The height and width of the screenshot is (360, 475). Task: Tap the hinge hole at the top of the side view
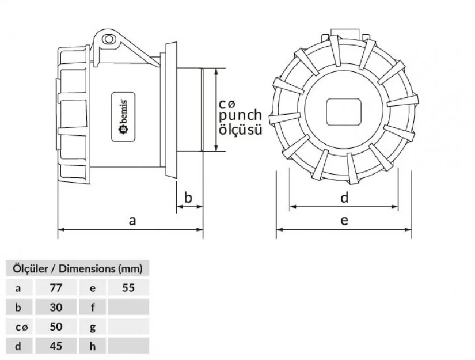point(108,39)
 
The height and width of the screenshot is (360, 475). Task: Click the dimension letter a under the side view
point(132,220)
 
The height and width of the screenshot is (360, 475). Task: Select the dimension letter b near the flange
point(188,198)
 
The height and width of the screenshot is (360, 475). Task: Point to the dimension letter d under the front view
point(344,198)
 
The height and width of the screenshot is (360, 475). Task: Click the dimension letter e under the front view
point(344,220)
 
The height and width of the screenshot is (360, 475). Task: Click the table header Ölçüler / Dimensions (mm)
point(77,268)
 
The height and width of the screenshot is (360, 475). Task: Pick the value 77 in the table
point(56,287)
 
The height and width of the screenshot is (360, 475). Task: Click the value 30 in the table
point(56,307)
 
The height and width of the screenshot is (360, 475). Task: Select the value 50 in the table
point(56,327)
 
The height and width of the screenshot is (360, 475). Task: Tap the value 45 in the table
point(56,346)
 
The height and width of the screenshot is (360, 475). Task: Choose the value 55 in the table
point(128,287)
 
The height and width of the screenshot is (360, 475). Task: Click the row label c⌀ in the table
point(21,327)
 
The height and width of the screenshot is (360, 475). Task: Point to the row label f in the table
point(92,307)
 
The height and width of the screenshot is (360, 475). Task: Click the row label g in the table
point(92,327)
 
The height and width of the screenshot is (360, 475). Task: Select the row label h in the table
point(92,346)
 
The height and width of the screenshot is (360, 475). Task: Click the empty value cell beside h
point(128,346)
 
